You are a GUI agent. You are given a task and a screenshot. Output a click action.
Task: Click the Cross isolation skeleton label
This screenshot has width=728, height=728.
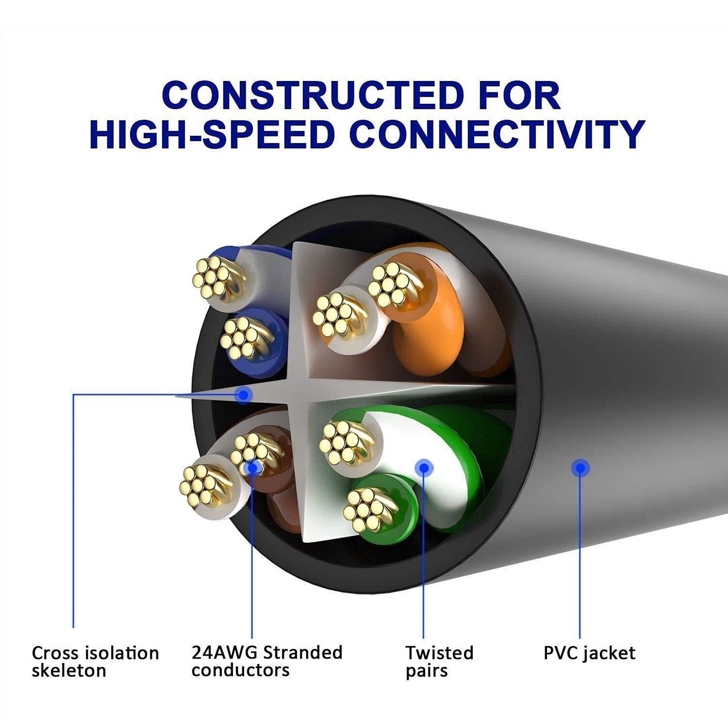point(95,662)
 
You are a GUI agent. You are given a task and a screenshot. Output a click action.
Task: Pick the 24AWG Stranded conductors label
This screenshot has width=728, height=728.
point(267,661)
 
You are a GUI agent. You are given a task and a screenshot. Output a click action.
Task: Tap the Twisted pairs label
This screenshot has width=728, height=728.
point(439,662)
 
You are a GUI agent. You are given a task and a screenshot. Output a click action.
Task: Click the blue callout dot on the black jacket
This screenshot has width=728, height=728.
point(580,468)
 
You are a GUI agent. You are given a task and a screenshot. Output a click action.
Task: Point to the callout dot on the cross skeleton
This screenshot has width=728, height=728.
point(243,395)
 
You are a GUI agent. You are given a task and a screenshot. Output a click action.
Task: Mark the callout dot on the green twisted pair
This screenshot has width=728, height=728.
point(424,468)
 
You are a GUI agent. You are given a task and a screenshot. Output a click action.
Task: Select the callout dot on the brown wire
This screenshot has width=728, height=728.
point(252,468)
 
